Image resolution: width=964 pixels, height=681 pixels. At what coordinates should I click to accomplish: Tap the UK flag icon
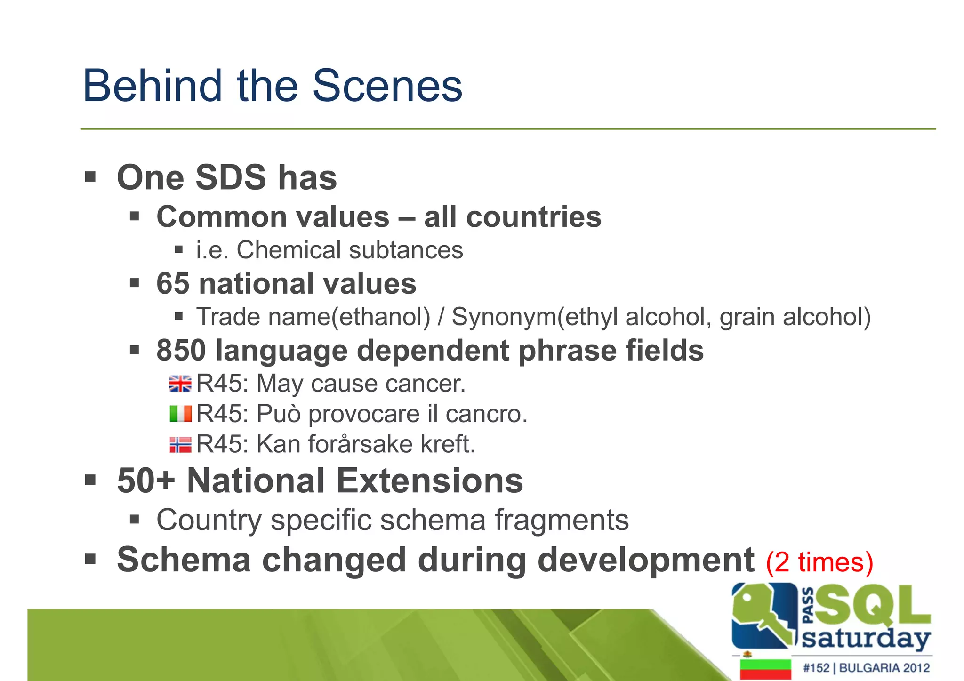tap(180, 384)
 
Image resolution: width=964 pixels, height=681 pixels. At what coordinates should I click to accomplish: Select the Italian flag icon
tap(180, 414)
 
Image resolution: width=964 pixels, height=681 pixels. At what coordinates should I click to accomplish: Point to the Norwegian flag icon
tap(180, 444)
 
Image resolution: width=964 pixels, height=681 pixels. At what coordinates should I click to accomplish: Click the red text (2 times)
tap(819, 562)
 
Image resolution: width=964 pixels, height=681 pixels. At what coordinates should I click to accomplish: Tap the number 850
tap(181, 351)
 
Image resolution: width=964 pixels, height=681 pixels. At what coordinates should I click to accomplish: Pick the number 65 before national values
tap(172, 284)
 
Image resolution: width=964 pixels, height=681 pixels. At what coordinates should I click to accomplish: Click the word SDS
tap(231, 178)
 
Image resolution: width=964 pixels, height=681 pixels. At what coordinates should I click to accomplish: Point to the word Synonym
tap(504, 317)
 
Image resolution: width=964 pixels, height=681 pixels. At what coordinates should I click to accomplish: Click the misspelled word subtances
tap(406, 250)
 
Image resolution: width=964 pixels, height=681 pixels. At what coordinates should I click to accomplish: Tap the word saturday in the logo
tap(866, 639)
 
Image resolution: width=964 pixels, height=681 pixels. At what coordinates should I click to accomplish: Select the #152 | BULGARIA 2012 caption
tap(866, 668)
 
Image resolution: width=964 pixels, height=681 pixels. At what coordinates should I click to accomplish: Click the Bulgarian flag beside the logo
tap(765, 669)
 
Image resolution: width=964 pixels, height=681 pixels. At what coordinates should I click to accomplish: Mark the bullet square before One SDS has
tap(90, 177)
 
